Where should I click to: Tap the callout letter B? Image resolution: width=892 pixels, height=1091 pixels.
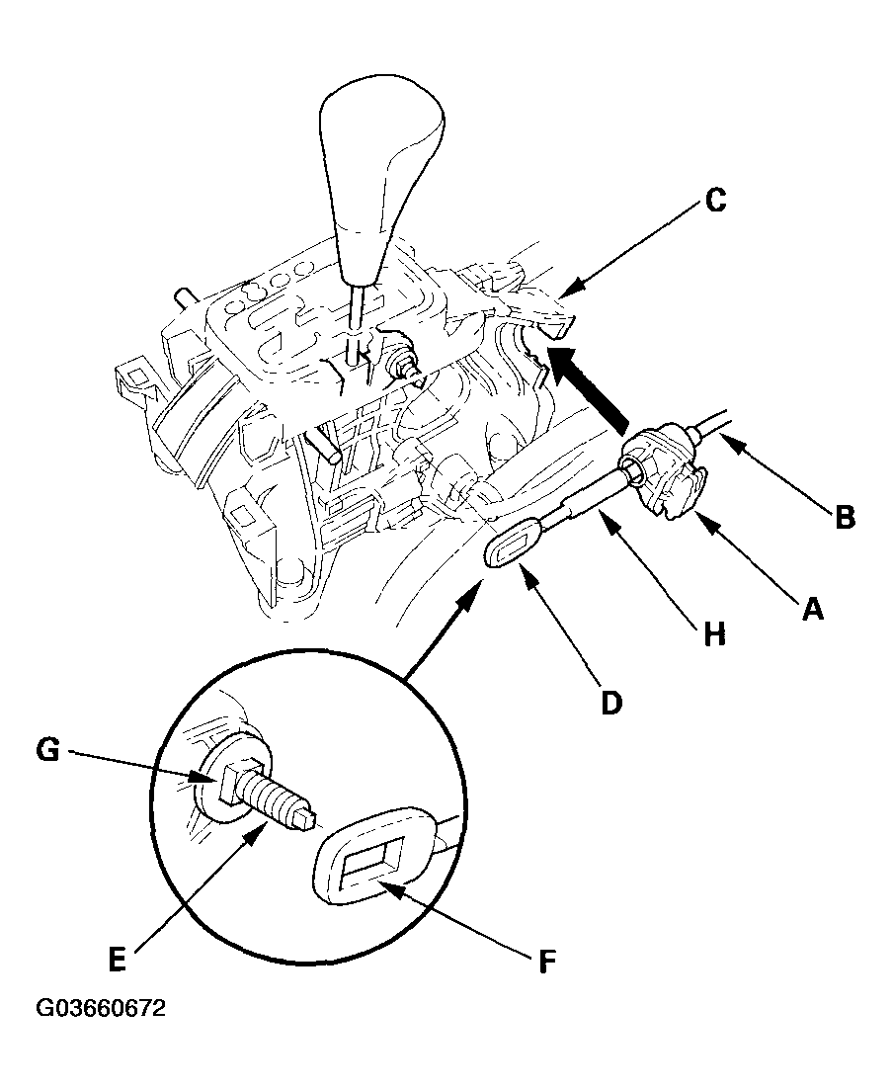click(844, 516)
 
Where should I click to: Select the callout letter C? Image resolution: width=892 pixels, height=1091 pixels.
click(715, 201)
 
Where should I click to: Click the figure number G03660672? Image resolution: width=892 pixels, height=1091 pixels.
click(101, 1009)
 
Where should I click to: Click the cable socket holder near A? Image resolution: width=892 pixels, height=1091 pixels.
click(666, 467)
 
